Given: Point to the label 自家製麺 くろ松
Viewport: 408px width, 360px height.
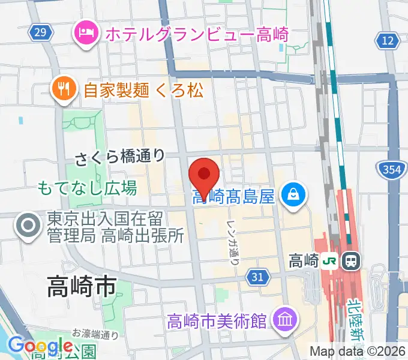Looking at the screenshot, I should [x=143, y=91].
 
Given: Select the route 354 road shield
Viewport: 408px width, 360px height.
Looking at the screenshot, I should [x=391, y=170].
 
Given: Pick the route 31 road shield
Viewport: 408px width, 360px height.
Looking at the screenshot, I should [x=257, y=277].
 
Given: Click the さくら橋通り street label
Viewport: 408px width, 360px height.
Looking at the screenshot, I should [x=120, y=157].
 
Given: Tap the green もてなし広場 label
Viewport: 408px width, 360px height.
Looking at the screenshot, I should [x=87, y=188].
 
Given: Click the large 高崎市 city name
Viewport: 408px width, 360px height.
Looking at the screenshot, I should [x=81, y=287].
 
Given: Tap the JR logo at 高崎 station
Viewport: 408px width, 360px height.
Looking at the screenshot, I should [x=330, y=261].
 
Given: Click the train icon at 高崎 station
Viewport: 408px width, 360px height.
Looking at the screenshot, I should [x=351, y=261].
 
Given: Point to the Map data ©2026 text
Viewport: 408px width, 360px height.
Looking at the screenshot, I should [x=358, y=351].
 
